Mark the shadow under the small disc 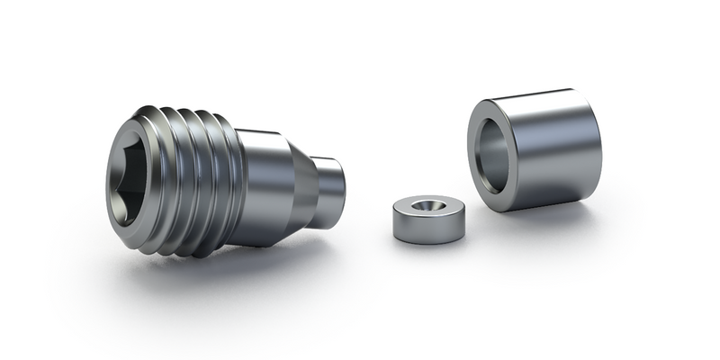pos(432,247)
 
